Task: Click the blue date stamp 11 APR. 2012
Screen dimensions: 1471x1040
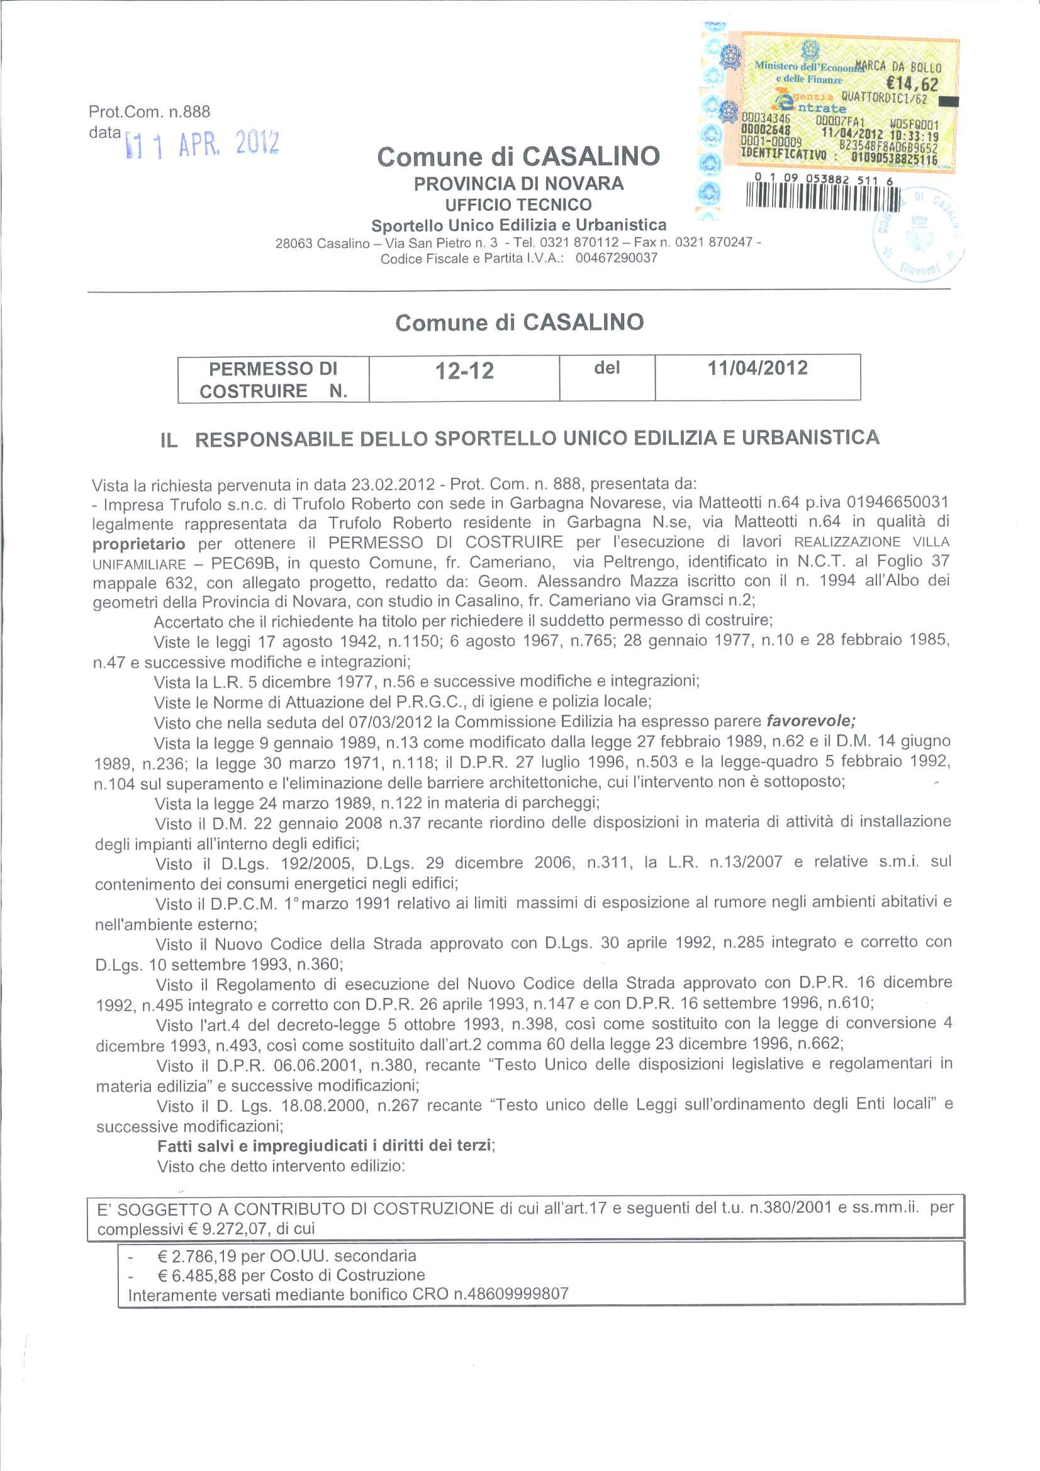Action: (x=203, y=143)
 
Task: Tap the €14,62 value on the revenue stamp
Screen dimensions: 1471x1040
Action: (x=911, y=84)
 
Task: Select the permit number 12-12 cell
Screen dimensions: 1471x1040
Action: (x=464, y=371)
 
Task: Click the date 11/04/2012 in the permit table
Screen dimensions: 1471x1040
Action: (x=757, y=369)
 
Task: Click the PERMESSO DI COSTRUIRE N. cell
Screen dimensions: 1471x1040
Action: (x=273, y=379)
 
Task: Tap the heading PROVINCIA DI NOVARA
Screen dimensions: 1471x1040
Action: (x=518, y=184)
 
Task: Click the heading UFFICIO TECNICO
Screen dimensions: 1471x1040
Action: (x=518, y=205)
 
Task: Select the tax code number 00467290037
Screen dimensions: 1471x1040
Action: (x=616, y=258)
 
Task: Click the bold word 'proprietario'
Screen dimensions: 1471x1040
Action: (x=139, y=544)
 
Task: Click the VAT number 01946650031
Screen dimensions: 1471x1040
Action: (x=897, y=501)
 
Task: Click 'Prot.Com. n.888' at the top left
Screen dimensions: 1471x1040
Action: (x=149, y=112)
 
